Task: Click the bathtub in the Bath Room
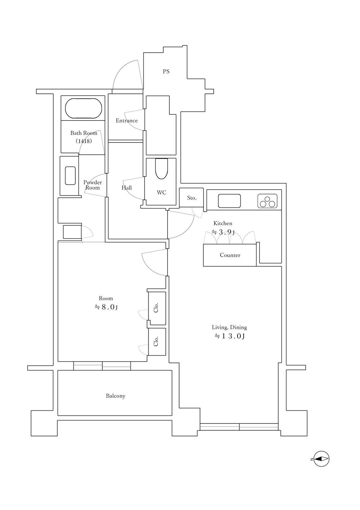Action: coord(84,108)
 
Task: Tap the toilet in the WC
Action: coord(161,169)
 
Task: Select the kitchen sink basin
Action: coord(229,201)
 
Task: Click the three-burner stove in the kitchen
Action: coord(267,201)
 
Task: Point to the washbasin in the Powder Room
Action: coord(70,176)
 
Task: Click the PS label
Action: coord(166,71)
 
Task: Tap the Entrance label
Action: coord(127,120)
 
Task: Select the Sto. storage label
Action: coord(192,198)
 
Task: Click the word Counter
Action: coord(230,255)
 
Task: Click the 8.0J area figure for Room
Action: coord(106,307)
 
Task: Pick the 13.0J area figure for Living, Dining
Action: coord(230,336)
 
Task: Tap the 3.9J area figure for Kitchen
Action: coord(223,232)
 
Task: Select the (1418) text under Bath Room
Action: coord(84,141)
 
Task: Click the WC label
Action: coord(161,193)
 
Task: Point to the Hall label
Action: coord(126,188)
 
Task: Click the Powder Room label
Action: coord(93,185)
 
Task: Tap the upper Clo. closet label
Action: coord(156,308)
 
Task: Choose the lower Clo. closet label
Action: coord(156,341)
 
